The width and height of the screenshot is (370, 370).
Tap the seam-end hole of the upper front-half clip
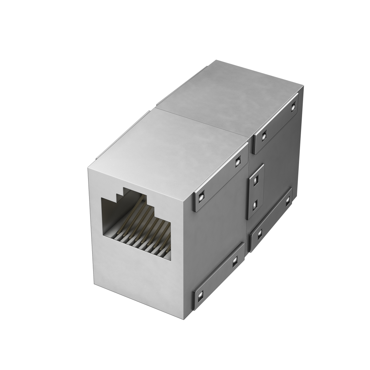point(237,162)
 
